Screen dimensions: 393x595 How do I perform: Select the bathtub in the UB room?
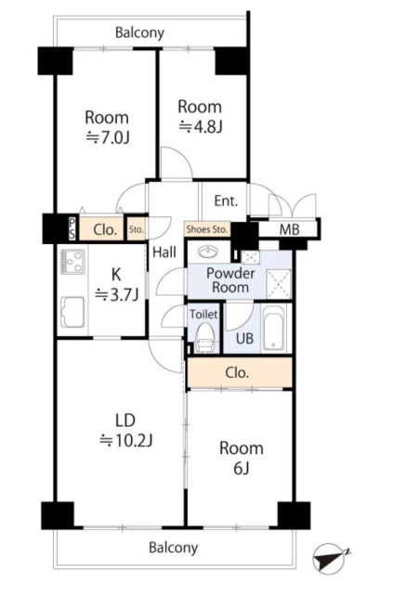[274, 328]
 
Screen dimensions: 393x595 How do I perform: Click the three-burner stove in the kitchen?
[72, 262]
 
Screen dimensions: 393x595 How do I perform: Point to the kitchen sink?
[72, 312]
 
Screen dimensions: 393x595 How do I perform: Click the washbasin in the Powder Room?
[208, 252]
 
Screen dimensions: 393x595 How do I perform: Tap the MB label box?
[289, 229]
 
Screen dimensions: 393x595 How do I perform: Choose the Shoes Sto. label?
[207, 229]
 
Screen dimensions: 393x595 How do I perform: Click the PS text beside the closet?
[72, 229]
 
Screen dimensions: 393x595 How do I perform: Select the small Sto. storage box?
[136, 229]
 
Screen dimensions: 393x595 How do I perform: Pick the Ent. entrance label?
[226, 200]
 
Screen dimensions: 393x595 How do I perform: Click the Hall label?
[164, 252]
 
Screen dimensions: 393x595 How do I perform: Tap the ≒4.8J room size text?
[200, 127]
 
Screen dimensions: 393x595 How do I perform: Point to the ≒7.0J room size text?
[108, 137]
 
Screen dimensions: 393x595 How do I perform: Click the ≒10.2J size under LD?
[125, 441]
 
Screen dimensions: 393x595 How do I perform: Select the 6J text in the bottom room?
[242, 469]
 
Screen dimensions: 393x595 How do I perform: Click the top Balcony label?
[139, 33]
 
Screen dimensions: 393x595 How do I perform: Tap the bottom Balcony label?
[173, 548]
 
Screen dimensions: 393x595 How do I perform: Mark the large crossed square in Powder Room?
[279, 283]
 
